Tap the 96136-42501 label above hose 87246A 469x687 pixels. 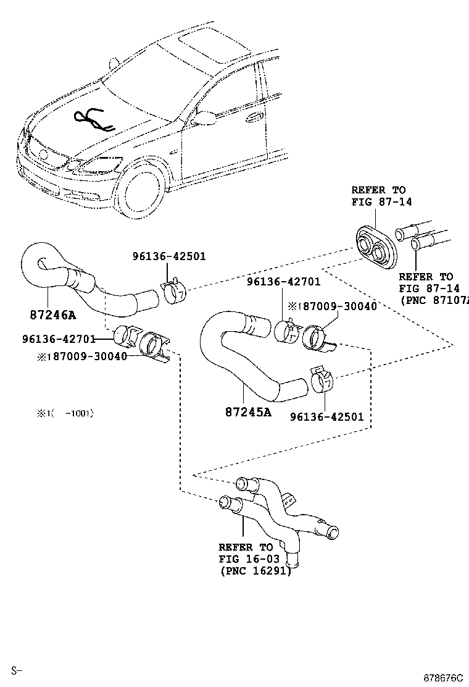click(168, 256)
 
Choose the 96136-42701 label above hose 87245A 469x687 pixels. click(283, 282)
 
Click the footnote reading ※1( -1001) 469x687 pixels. click(65, 413)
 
